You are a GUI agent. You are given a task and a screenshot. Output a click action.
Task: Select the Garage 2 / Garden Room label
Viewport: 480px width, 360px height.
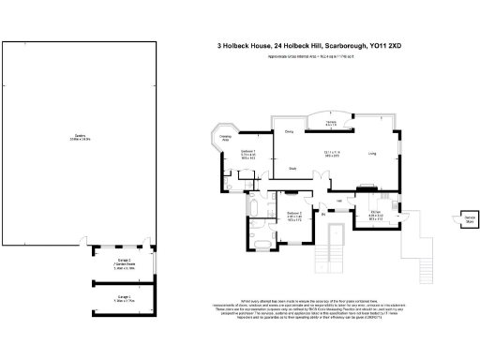click(123, 262)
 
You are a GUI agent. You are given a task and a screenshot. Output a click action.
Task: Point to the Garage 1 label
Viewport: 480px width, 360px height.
click(123, 298)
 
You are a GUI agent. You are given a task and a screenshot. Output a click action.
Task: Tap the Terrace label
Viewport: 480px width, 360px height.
click(331, 123)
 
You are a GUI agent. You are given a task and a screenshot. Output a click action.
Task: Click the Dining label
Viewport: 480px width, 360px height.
click(289, 132)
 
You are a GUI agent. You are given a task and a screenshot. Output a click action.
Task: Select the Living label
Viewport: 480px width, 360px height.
click(372, 153)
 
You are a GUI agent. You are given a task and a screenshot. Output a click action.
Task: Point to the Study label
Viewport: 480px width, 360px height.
click(292, 169)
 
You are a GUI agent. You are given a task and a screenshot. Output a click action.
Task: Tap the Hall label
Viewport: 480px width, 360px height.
click(337, 201)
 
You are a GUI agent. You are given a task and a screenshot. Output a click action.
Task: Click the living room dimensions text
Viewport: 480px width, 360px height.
click(331, 154)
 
